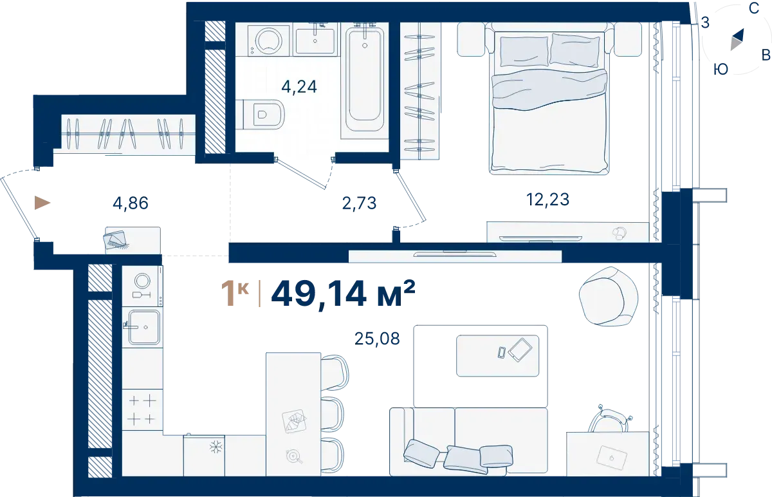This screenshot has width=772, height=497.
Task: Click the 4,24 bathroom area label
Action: [299, 87]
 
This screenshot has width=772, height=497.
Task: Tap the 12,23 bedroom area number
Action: [547, 200]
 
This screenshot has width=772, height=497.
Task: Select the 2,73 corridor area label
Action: [359, 203]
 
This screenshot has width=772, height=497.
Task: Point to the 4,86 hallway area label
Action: [131, 203]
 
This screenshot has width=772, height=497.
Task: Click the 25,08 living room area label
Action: [377, 339]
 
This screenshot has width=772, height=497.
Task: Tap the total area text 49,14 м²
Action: [344, 294]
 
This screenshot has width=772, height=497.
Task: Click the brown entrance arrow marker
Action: [42, 203]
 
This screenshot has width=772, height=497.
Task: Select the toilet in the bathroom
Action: [261, 115]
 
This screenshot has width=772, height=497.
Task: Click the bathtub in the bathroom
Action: [365, 80]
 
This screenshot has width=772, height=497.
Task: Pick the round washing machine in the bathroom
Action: [270, 40]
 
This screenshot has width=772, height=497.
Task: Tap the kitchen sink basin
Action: [144, 327]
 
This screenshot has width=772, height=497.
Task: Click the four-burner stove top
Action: [142, 409]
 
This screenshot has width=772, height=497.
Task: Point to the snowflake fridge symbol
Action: [216, 447]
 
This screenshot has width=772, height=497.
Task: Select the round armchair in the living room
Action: [609, 297]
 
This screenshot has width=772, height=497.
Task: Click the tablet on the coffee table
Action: [520, 350]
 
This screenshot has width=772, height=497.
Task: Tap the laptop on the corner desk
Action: [612, 458]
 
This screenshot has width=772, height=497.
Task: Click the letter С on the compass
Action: [754, 8]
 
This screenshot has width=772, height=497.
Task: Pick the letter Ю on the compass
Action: [721, 70]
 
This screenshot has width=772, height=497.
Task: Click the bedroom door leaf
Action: [412, 196]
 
